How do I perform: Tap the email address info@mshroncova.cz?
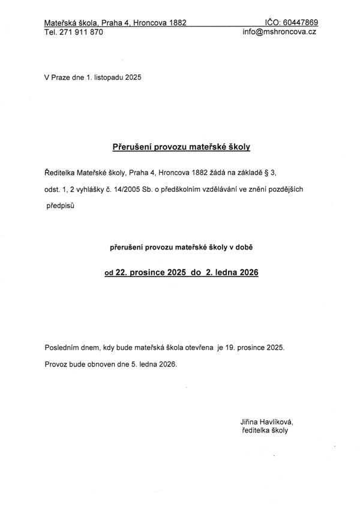tap(279, 32)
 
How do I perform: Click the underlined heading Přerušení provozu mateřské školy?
tap(181, 146)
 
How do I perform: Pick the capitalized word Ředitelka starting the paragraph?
tap(61, 173)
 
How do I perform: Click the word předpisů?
tap(64, 206)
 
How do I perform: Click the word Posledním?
tap(62, 347)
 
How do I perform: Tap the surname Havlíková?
tap(277, 422)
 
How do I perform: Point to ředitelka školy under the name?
tap(264, 431)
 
